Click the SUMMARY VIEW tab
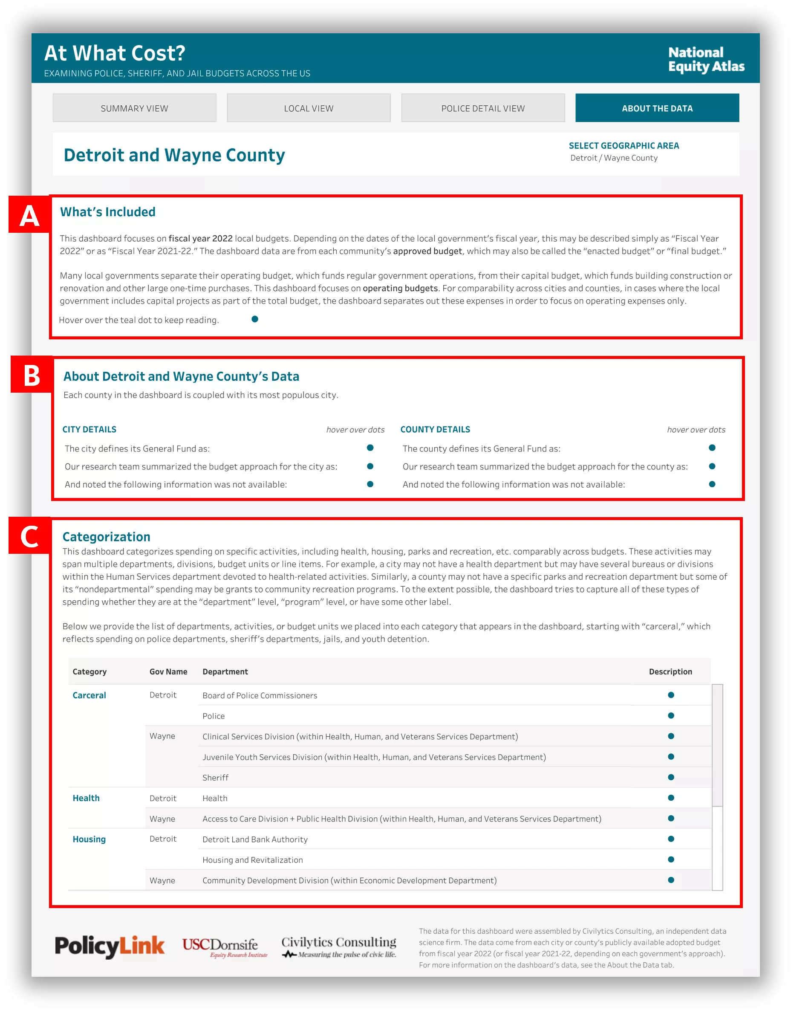tap(134, 108)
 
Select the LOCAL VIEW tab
tap(309, 108)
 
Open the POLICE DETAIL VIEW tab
tap(482, 108)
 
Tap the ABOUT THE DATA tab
tap(657, 108)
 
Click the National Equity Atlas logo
tap(706, 59)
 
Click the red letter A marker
tap(29, 215)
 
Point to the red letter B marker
tap(32, 375)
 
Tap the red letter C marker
tap(29, 536)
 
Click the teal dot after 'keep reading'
tap(255, 319)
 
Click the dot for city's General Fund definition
tap(370, 448)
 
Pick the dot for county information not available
tap(712, 484)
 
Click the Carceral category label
tap(89, 695)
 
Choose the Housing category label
tap(89, 839)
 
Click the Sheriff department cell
tap(215, 777)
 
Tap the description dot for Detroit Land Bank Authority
tap(670, 839)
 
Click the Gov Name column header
tap(168, 671)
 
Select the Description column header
tap(670, 671)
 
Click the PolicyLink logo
tap(110, 946)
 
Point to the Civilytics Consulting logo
tap(339, 946)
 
